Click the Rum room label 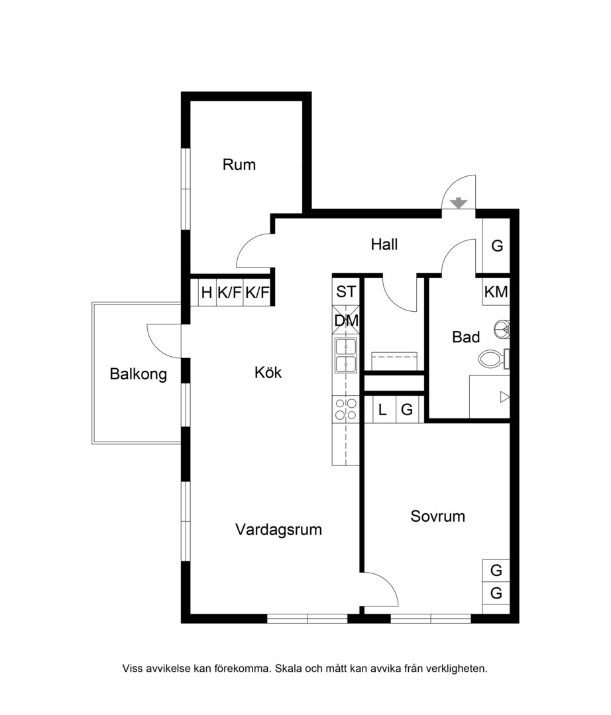[239, 165]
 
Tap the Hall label [384, 244]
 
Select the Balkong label [138, 374]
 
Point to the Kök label [268, 373]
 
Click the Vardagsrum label [278, 530]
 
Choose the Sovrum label [437, 516]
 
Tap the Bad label [466, 337]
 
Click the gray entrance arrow [459, 203]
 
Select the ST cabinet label [346, 291]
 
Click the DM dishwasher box [346, 320]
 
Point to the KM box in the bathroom [496, 291]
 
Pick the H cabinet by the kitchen [207, 293]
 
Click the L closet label [382, 410]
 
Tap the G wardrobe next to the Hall [496, 246]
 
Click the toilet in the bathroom [493, 358]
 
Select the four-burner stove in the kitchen [346, 409]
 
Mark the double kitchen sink [346, 356]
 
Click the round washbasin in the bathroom [502, 329]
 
